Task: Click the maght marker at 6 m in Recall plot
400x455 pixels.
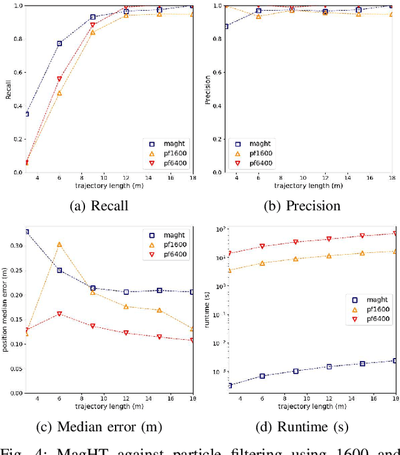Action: point(60,43)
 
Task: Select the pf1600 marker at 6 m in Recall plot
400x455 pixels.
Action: point(60,93)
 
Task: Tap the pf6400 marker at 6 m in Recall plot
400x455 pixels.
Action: point(60,79)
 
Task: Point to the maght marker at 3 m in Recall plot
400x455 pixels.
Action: point(27,114)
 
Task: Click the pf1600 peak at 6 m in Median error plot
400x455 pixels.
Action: point(60,245)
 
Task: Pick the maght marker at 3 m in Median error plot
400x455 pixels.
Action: point(27,232)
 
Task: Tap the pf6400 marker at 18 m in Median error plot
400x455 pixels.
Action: point(192,340)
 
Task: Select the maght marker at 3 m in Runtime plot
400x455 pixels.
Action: point(229,386)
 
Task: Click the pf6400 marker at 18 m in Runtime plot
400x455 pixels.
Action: point(394,233)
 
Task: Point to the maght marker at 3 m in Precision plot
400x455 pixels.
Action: point(226,26)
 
